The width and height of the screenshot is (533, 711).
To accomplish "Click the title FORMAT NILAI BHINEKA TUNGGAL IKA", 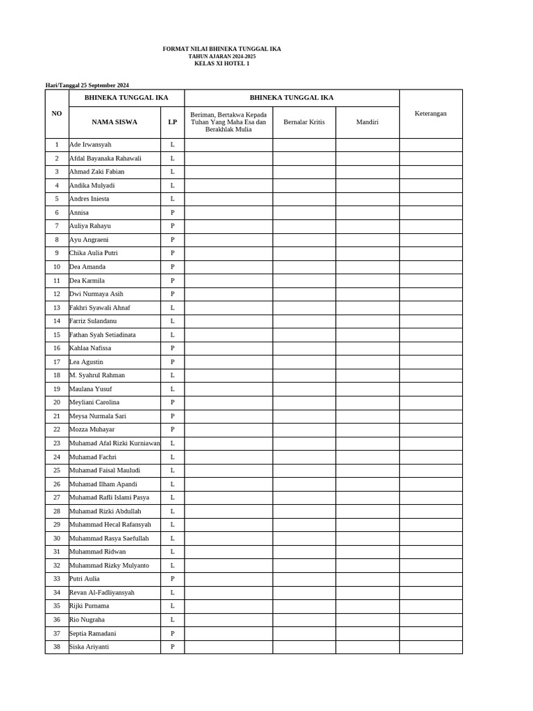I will tap(221, 49).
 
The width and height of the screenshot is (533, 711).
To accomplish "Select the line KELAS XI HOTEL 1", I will tap(221, 63).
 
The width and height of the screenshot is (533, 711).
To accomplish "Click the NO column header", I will tap(57, 113).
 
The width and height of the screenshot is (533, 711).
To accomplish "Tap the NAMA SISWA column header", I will tap(115, 122).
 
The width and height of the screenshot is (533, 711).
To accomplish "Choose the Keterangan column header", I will tap(430, 113).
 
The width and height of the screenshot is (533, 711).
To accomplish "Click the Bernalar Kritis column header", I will tap(304, 122).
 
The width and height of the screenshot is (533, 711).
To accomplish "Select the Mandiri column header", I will tap(367, 122).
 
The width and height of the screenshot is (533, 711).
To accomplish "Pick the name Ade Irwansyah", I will tap(90, 144).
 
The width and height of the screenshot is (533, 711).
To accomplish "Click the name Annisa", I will tap(79, 212).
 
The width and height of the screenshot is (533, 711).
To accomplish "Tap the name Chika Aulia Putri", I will tap(94, 253).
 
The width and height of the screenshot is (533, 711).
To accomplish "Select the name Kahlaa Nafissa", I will tap(90, 348).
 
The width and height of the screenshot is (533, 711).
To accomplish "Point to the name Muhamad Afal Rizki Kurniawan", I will tap(115, 443).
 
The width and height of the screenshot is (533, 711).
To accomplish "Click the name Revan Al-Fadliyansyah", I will tap(102, 592).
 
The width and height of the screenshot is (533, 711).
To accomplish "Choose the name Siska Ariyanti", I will tap(89, 646).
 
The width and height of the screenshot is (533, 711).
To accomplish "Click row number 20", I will tap(57, 402).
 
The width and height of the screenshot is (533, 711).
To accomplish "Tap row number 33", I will tap(57, 578).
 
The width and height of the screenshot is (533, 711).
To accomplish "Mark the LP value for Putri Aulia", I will tap(172, 578).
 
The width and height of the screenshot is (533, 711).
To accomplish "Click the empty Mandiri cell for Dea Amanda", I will tap(367, 267).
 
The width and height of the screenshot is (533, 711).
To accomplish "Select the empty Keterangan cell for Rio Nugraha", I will tap(430, 619).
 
